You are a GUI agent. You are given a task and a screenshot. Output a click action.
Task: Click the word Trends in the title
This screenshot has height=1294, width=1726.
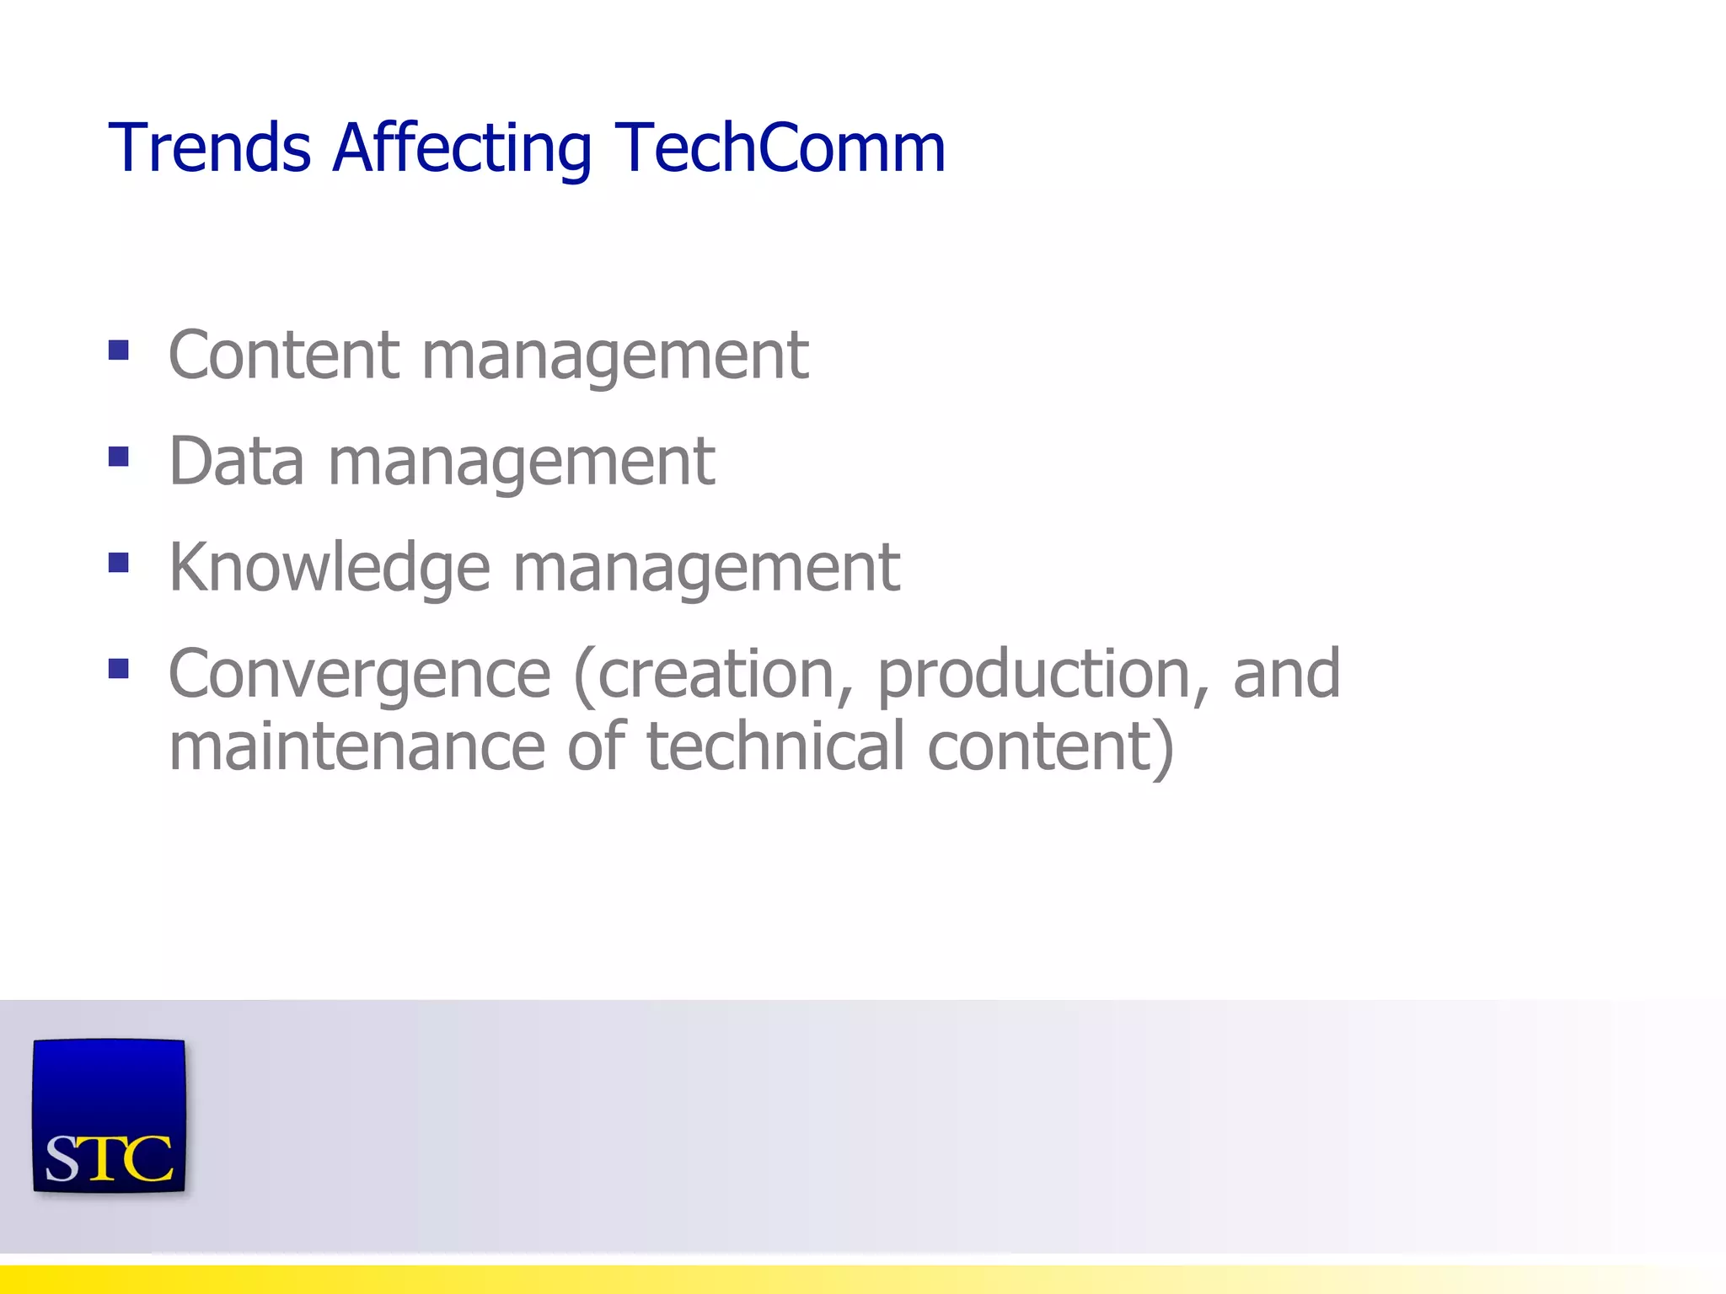coord(210,148)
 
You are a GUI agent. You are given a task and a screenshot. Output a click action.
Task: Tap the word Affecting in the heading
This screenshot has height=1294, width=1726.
coord(463,150)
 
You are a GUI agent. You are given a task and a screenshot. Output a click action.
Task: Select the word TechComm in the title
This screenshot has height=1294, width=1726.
coord(780,148)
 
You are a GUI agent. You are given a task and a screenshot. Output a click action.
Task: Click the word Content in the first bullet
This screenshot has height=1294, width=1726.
coord(283,356)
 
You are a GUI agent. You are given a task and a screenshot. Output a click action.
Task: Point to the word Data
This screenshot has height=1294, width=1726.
coord(236,462)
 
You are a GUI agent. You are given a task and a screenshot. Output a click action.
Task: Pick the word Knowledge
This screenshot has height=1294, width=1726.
coord(330,569)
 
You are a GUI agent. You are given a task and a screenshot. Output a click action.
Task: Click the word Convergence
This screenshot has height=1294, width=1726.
coord(360,676)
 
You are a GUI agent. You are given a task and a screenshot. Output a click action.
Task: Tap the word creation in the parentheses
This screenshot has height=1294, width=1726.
coord(714,676)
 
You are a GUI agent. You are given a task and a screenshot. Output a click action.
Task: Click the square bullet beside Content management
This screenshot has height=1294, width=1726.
coord(119,350)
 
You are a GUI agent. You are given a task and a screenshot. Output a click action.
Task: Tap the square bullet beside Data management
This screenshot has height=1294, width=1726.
coord(119,457)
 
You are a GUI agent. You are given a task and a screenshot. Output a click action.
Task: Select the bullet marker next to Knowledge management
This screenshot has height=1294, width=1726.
coord(119,563)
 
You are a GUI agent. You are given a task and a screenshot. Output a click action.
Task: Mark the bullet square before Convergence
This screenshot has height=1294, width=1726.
coord(119,669)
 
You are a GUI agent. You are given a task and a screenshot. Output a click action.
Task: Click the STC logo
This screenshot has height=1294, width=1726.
coord(109,1115)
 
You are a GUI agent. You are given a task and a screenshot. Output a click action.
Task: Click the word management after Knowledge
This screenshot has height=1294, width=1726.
coord(706,569)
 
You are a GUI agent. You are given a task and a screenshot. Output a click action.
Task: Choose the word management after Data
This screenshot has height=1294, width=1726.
coord(522,462)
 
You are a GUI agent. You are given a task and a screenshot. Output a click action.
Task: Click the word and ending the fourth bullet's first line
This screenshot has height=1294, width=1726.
coord(1286,676)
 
